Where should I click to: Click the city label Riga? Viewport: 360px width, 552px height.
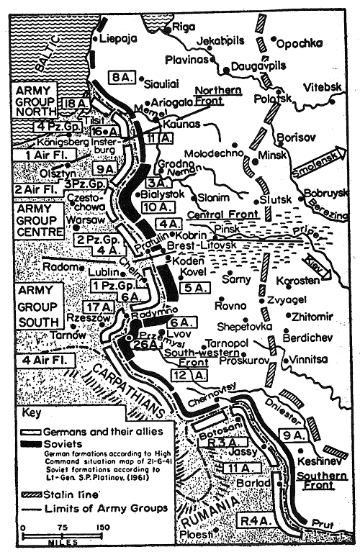183,27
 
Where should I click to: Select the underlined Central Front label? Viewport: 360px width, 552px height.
216,215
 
